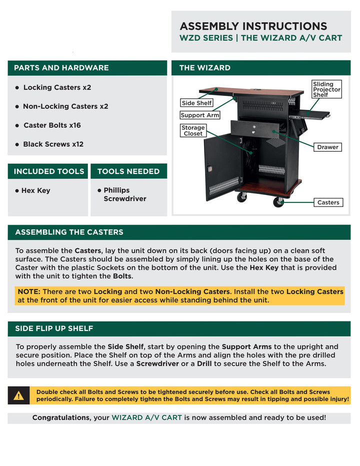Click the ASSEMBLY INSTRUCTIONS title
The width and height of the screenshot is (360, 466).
pyautogui.click(x=253, y=26)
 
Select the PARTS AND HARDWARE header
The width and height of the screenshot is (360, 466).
pyautogui.click(x=61, y=68)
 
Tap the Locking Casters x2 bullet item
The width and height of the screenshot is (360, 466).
pyautogui.click(x=57, y=87)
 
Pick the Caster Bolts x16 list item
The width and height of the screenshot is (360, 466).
pyautogui.click(x=52, y=125)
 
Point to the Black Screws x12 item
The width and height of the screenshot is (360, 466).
pyautogui.click(x=53, y=144)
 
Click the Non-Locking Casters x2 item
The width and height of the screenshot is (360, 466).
pyautogui.click(x=65, y=106)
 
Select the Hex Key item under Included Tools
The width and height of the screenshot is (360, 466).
pyautogui.click(x=35, y=190)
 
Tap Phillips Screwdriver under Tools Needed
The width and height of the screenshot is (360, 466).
pyautogui.click(x=124, y=194)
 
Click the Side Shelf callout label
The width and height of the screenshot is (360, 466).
pyautogui.click(x=196, y=103)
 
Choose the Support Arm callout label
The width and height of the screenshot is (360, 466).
pyautogui.click(x=200, y=115)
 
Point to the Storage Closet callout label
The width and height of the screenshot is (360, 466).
pyautogui.click(x=193, y=130)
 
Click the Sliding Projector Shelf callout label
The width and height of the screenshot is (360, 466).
pyautogui.click(x=326, y=89)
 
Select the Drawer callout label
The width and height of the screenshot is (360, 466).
pyautogui.click(x=327, y=147)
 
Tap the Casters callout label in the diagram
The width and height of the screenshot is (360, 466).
pyautogui.click(x=328, y=202)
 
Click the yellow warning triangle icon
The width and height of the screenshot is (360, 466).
pyautogui.click(x=18, y=396)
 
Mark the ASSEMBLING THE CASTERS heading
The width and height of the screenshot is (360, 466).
pyautogui.click(x=69, y=232)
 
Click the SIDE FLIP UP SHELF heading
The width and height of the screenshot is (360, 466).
pyautogui.click(x=54, y=329)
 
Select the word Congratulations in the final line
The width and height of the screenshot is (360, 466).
pyautogui.click(x=60, y=417)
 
